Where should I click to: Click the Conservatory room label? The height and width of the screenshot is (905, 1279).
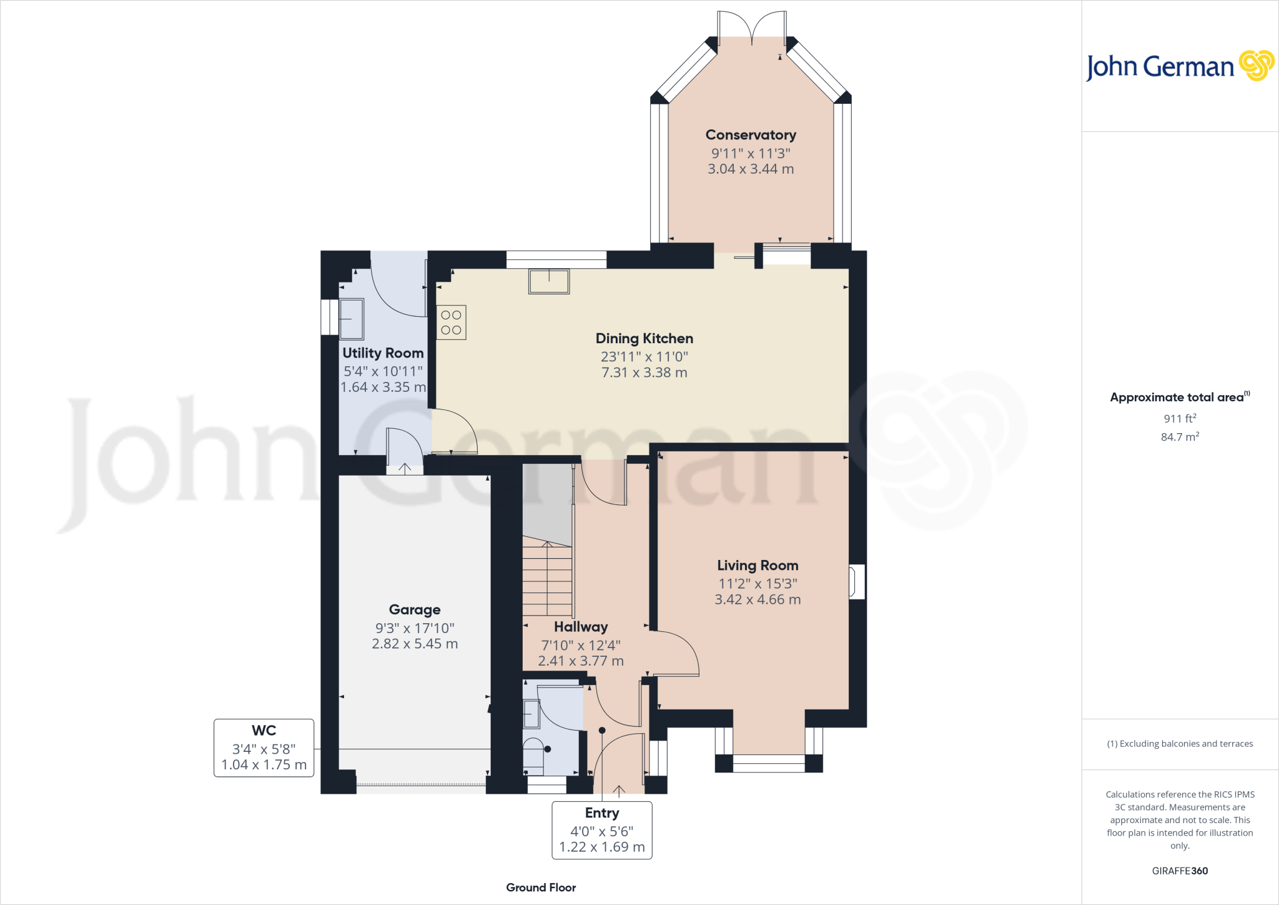751,135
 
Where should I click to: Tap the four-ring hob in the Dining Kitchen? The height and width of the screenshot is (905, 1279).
451,322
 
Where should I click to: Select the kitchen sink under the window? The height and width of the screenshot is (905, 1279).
549,281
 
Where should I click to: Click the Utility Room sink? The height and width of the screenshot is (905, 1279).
352,319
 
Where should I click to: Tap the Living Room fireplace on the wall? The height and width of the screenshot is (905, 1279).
856,582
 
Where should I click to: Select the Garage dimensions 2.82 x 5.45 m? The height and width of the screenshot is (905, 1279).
415,644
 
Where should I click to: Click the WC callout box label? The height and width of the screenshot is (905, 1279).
264,731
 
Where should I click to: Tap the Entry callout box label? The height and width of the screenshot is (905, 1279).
602,813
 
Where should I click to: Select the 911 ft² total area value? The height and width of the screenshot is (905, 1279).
1180,419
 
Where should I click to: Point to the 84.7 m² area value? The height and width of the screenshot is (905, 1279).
1180,437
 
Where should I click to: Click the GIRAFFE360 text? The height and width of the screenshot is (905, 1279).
1180,871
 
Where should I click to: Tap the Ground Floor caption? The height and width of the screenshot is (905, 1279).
541,887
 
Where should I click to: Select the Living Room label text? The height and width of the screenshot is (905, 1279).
758,566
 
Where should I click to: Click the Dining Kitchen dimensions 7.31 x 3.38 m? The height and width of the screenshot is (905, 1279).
644,372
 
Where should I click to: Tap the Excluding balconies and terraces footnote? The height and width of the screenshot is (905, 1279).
1180,744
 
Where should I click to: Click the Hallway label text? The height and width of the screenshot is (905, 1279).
581,627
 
